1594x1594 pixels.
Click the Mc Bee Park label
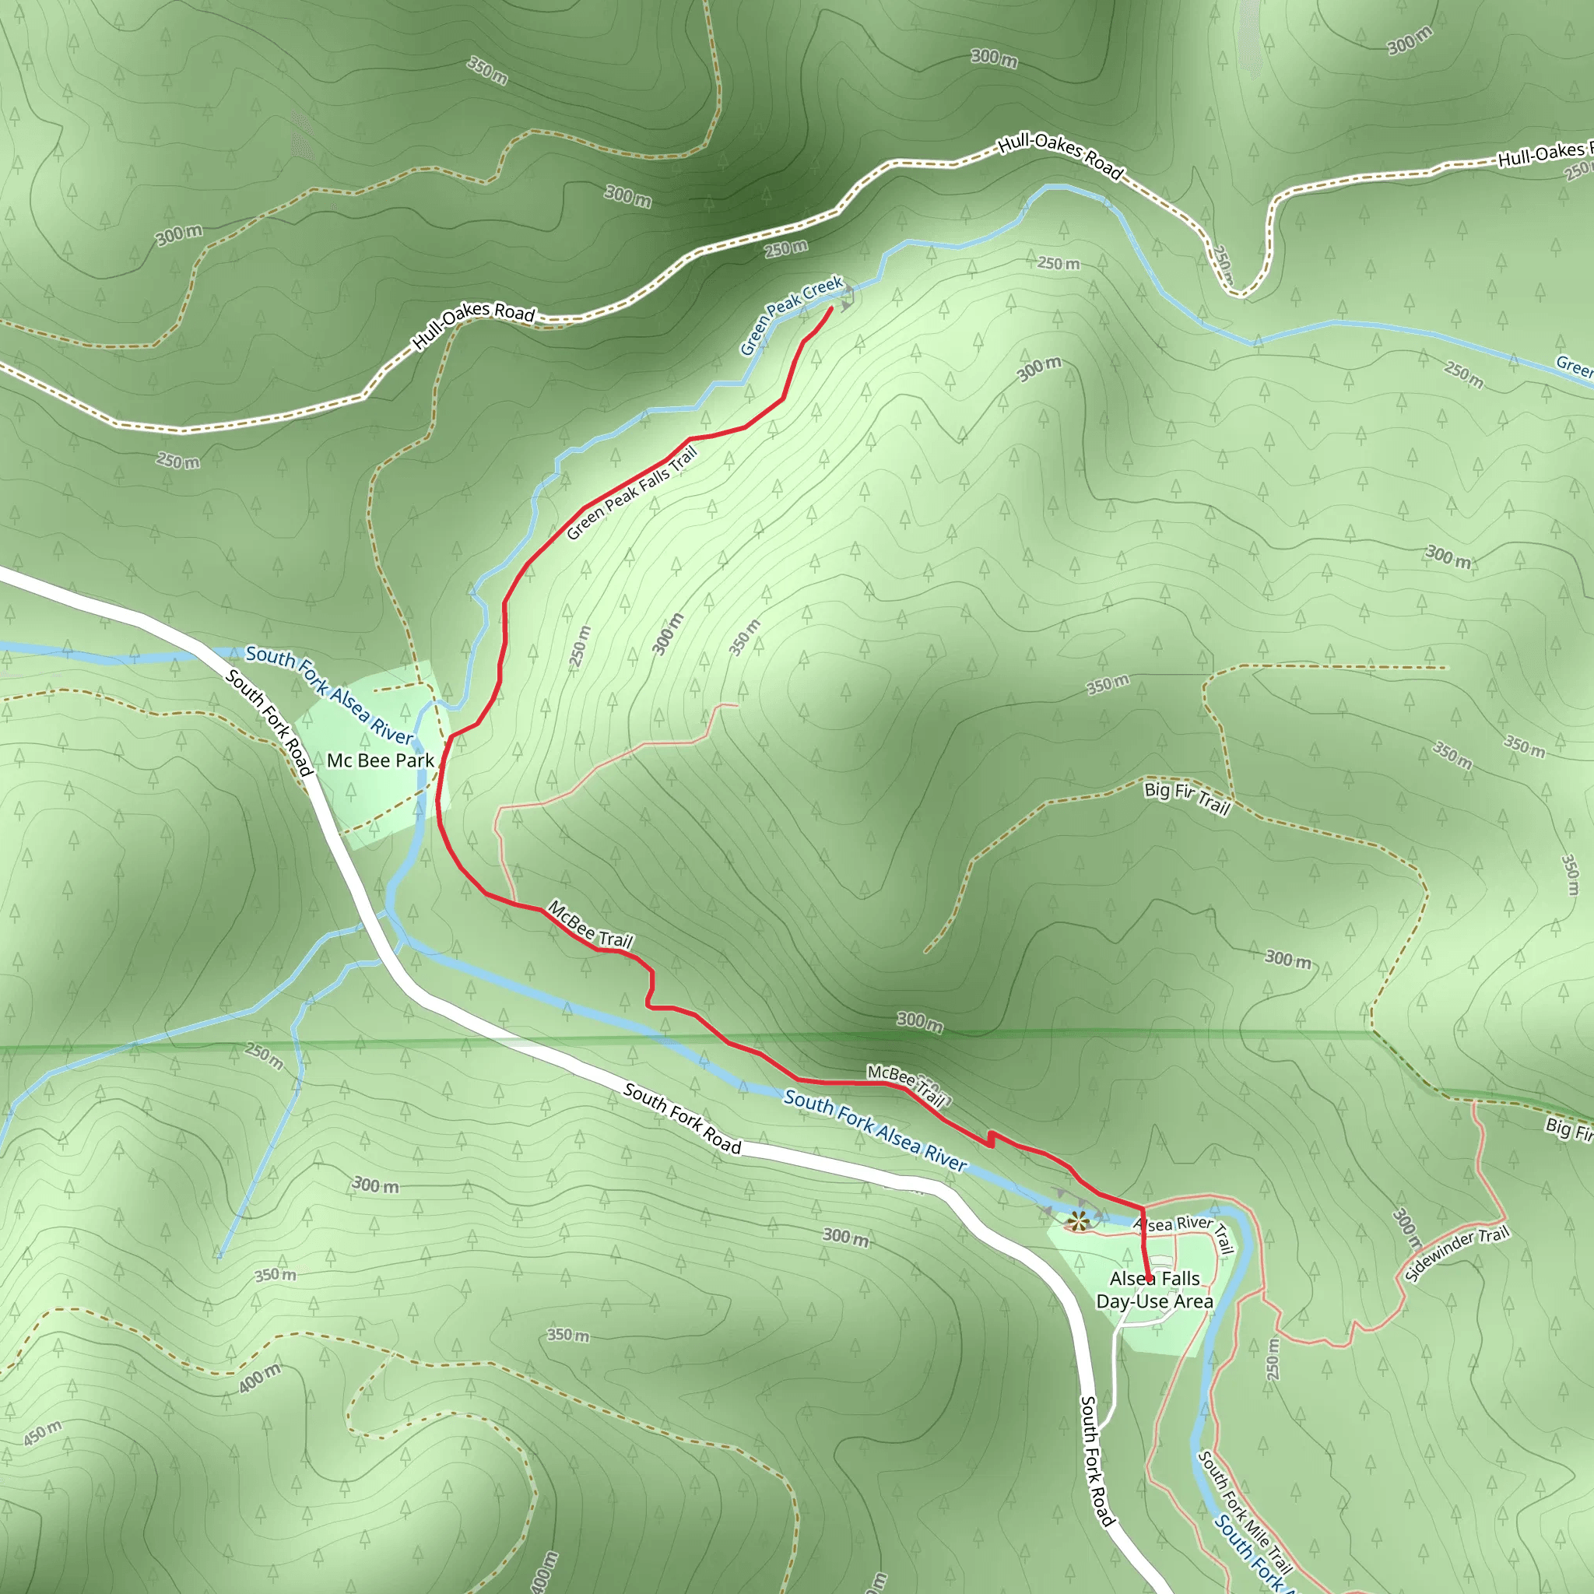[x=381, y=760]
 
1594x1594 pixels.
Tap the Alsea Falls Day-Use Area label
[x=1154, y=1290]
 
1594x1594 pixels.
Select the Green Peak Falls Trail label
[x=632, y=493]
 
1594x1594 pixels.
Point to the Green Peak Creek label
[x=791, y=315]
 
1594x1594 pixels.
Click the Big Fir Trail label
[x=1186, y=797]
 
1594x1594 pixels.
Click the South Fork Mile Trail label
[x=1245, y=1511]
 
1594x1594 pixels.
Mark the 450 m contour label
[x=42, y=1432]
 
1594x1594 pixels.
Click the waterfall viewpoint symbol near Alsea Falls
[x=1077, y=1220]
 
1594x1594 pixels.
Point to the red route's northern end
[x=830, y=308]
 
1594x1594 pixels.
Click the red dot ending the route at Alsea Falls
[x=1149, y=1279]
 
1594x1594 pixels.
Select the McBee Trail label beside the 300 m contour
[x=906, y=1084]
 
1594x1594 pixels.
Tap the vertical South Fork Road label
[x=1097, y=1460]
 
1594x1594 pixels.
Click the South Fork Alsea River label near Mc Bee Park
[x=330, y=696]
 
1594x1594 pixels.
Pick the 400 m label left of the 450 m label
[x=260, y=1378]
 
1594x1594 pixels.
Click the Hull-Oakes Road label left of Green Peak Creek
[x=473, y=325]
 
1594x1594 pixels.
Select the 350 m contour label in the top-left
[x=486, y=70]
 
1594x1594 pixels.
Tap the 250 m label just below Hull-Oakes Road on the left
[x=178, y=461]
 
